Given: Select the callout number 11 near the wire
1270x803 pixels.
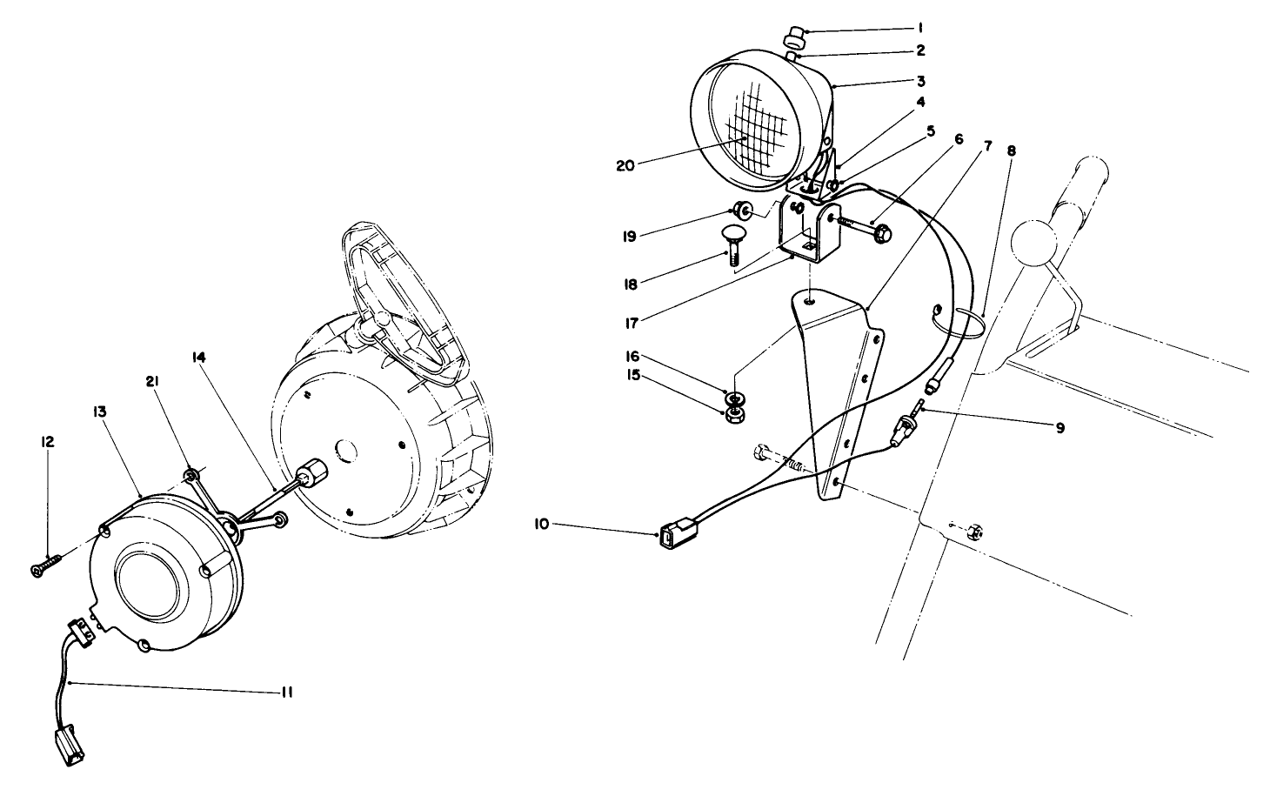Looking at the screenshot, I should point(286,693).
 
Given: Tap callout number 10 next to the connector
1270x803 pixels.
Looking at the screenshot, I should point(542,524).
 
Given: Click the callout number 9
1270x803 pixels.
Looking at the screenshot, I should point(1059,427).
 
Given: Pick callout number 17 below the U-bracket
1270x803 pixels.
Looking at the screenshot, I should point(632,322).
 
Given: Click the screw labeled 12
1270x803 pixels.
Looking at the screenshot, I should point(43,570).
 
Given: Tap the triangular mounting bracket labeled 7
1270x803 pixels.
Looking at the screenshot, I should point(840,391).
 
